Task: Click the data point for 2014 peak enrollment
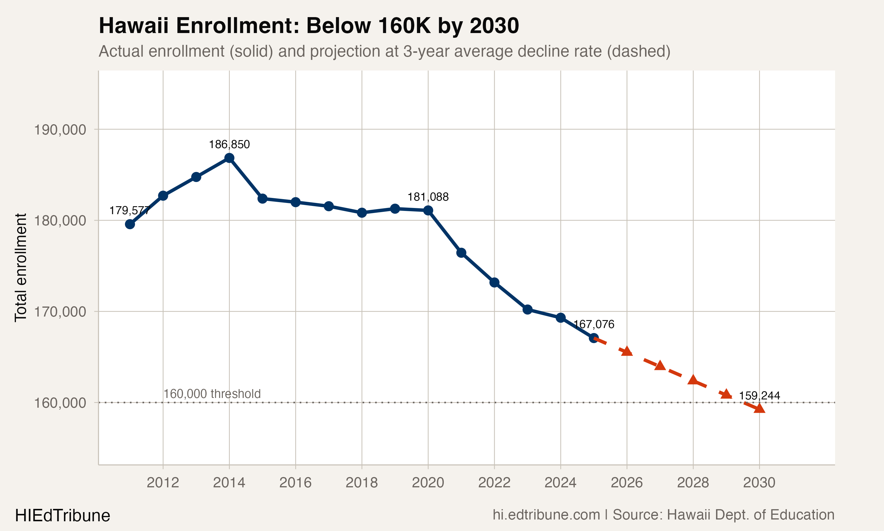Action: (x=229, y=158)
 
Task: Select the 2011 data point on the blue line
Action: (x=130, y=224)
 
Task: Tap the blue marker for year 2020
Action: (x=428, y=210)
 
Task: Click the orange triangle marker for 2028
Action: (x=693, y=380)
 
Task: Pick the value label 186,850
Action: (x=229, y=145)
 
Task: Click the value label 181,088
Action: (x=428, y=197)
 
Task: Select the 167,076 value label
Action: (x=594, y=324)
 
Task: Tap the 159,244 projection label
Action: (x=759, y=396)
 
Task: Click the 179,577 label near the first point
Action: (x=129, y=211)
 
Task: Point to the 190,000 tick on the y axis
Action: (x=60, y=130)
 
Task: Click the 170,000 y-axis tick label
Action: (x=60, y=312)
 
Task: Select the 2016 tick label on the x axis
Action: (x=296, y=483)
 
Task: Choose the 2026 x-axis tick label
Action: (x=627, y=483)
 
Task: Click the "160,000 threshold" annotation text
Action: (x=212, y=394)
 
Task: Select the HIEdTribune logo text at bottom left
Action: (x=62, y=516)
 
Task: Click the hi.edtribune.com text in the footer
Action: (x=546, y=515)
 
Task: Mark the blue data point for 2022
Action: (x=494, y=283)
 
